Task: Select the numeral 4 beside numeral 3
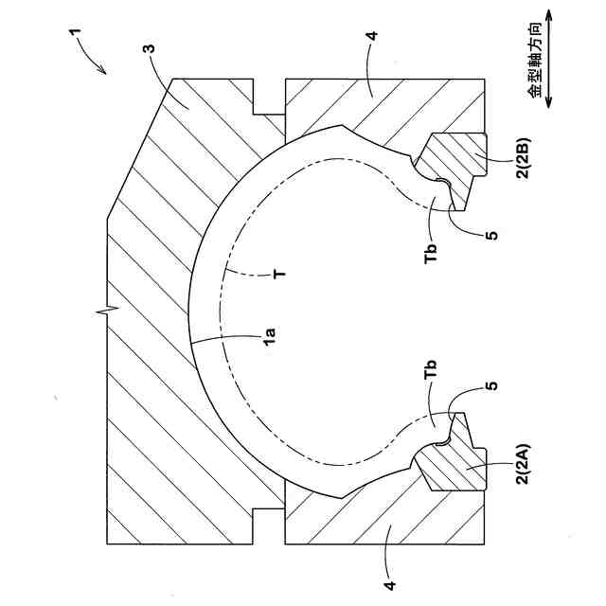coord(371,38)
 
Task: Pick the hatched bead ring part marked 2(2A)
coord(454,459)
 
